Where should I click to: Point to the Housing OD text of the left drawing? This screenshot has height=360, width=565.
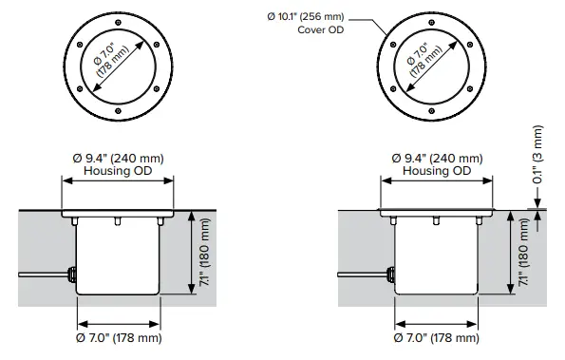coord(119,171)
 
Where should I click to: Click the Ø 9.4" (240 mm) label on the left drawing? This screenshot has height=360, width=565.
coord(119,158)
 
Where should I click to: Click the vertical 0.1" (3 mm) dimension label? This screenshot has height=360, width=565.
coord(537,156)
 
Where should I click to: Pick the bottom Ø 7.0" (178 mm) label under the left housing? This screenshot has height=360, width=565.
coord(119,338)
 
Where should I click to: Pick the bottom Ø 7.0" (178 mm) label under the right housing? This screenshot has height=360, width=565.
coord(437,338)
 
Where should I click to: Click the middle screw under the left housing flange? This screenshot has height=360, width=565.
coord(119,221)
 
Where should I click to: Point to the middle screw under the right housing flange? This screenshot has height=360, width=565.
coord(435,221)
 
